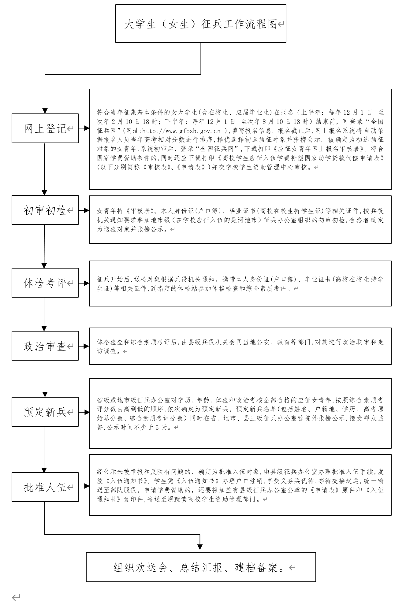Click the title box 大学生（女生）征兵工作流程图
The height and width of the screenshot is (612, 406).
click(201, 24)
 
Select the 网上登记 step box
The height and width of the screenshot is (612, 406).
click(45, 128)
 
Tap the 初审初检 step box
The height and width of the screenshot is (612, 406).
click(45, 210)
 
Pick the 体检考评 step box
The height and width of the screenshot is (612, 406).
click(45, 283)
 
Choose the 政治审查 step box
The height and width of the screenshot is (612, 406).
click(45, 346)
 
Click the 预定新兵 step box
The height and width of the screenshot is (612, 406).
click(45, 412)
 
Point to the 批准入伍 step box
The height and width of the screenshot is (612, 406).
click(45, 487)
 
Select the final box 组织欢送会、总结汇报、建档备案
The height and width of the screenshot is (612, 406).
click(201, 567)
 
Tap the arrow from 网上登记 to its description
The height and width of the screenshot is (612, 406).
click(84, 128)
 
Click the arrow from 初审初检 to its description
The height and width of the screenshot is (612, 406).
click(84, 210)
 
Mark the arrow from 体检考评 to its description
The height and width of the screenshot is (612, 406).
click(84, 283)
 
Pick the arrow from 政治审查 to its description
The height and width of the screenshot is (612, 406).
click(84, 346)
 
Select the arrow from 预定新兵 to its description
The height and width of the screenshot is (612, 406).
click(84, 412)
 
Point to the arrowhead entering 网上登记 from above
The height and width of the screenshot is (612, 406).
click(45, 111)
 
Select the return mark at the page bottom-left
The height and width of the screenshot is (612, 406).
click(16, 597)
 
